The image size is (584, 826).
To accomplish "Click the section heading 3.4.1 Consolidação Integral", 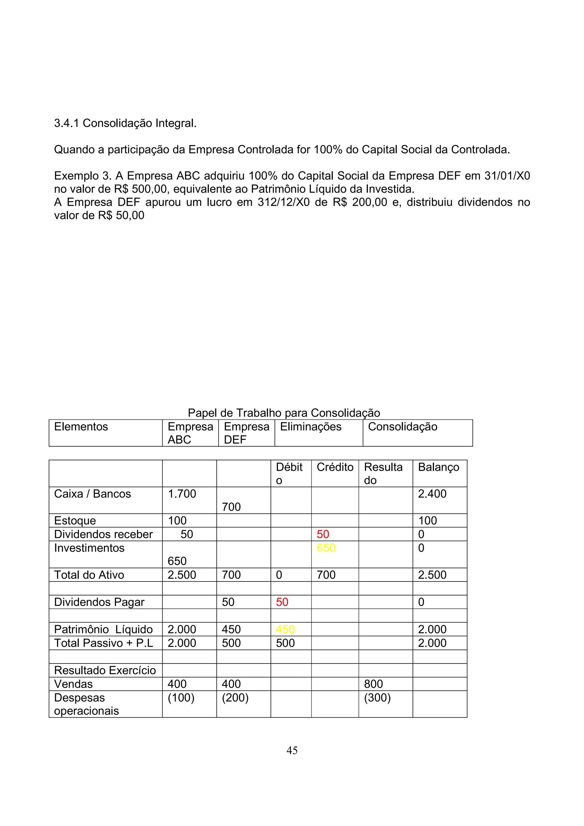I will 125,123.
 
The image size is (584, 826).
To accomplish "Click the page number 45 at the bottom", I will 292,750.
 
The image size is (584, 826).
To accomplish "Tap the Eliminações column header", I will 311,427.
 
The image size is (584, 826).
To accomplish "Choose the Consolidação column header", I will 402,427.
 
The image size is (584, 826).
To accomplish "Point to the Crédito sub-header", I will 335,467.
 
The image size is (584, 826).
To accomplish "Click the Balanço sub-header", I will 438,467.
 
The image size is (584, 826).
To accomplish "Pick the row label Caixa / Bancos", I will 92,494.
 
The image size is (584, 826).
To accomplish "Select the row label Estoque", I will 75,520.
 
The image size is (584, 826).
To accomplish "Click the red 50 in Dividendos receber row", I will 323,534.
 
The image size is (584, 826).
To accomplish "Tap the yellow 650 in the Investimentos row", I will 326,548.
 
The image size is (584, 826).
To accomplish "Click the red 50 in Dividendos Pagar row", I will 282,602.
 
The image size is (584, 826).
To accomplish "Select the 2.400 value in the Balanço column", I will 432,494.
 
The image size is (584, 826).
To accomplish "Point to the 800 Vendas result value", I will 373,684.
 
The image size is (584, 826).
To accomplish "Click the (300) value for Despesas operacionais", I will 377,697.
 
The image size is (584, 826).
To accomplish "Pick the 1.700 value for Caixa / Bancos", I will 182,494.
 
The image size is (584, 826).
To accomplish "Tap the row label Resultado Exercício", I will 105,670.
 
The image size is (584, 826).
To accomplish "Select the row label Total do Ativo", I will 89,575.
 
